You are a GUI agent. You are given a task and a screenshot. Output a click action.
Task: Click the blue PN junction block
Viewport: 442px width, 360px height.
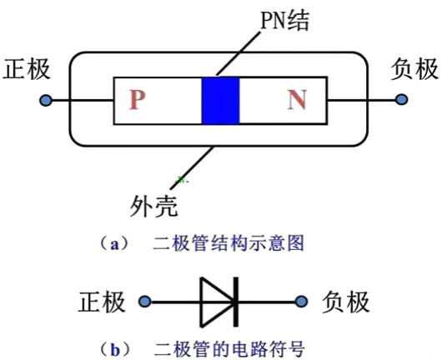pos(221,101)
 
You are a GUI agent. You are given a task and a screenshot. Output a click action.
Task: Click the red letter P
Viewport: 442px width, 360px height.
pos(138,101)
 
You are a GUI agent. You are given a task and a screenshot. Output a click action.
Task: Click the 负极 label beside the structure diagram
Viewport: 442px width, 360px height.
pos(414,68)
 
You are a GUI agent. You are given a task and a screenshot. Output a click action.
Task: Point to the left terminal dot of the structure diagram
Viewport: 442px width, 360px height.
pos(45,101)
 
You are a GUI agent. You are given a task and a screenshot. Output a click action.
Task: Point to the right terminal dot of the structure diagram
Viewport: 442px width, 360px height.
pos(402,101)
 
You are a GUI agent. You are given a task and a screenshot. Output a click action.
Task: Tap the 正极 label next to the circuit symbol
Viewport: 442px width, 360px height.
pos(104,300)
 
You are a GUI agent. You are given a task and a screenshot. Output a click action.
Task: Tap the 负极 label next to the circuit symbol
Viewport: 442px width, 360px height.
pos(344,300)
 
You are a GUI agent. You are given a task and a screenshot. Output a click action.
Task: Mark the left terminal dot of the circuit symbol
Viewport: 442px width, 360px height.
pos(145,300)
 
